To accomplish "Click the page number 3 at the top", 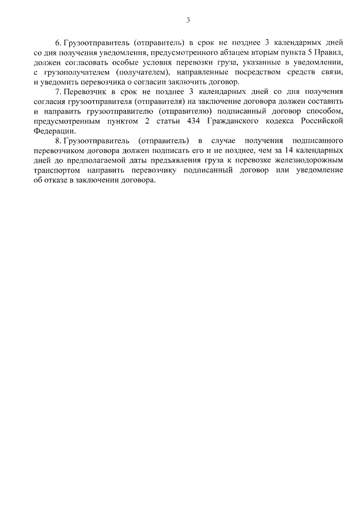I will (x=188, y=21).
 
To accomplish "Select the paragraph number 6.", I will (x=57, y=43).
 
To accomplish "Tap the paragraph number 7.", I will (x=57, y=92).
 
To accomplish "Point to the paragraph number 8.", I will (x=57, y=140).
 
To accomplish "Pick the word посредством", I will (x=240, y=73).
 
